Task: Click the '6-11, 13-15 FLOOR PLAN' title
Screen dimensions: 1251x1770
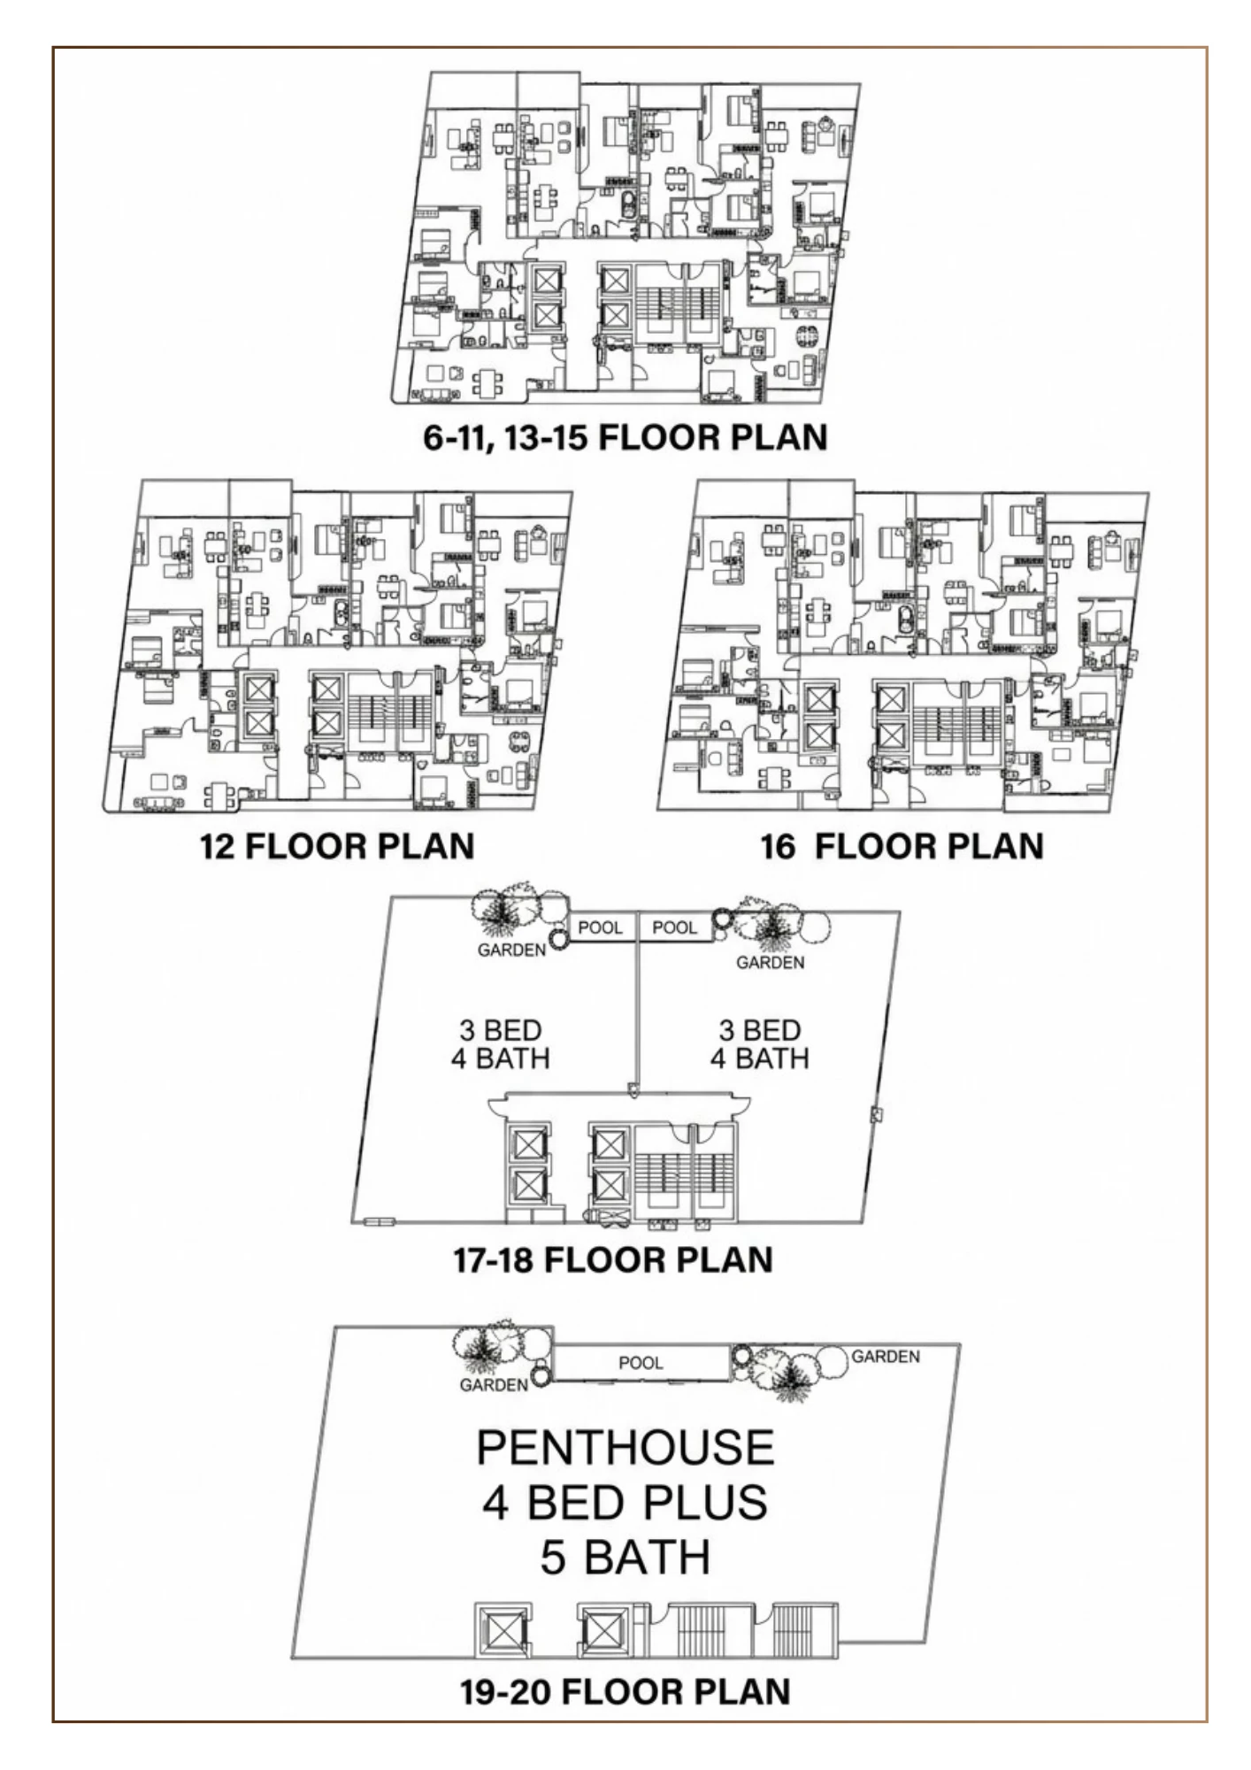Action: [625, 437]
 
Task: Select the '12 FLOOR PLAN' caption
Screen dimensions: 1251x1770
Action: [337, 846]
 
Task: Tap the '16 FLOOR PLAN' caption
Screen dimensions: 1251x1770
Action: [902, 846]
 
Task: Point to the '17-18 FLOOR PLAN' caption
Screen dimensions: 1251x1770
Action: [613, 1259]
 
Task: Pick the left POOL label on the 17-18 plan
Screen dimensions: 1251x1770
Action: [601, 927]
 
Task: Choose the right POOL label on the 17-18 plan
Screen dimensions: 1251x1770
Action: [675, 927]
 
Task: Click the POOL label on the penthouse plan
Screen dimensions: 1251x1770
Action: [641, 1363]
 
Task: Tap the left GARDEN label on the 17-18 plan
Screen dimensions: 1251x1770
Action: [511, 950]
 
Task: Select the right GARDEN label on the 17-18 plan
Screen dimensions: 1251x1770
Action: [771, 962]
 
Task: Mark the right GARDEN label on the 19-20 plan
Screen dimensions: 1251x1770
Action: [886, 1357]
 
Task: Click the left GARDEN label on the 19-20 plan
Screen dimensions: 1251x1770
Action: [494, 1385]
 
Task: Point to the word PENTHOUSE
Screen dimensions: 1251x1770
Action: [625, 1448]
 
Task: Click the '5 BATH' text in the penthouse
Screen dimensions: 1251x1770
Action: [625, 1558]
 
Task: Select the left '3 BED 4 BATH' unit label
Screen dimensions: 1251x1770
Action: [500, 1044]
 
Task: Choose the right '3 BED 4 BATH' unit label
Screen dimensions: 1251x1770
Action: [760, 1044]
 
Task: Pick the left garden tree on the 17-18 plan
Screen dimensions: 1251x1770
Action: [501, 910]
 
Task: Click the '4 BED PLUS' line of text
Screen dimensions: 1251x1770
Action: [625, 1503]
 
